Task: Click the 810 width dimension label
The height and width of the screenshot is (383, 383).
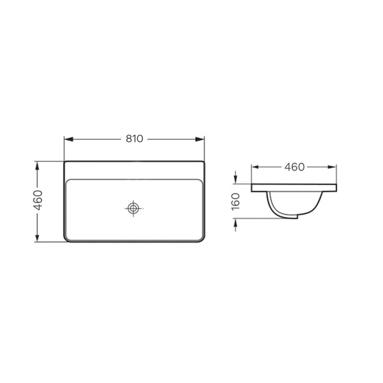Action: (134, 139)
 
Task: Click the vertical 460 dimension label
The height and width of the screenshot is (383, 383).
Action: (38, 200)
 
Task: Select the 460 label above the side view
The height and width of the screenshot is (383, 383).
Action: (294, 167)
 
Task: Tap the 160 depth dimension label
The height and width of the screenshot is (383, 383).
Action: (236, 202)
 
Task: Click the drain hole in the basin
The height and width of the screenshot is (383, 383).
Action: (133, 208)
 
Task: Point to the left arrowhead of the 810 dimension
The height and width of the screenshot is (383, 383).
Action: (69, 139)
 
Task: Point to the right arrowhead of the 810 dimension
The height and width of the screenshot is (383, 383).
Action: (200, 139)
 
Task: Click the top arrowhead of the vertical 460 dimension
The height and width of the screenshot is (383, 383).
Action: (37, 166)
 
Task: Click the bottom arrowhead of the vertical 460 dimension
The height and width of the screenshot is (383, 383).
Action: (37, 237)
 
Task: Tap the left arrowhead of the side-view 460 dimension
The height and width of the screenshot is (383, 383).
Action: (255, 167)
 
